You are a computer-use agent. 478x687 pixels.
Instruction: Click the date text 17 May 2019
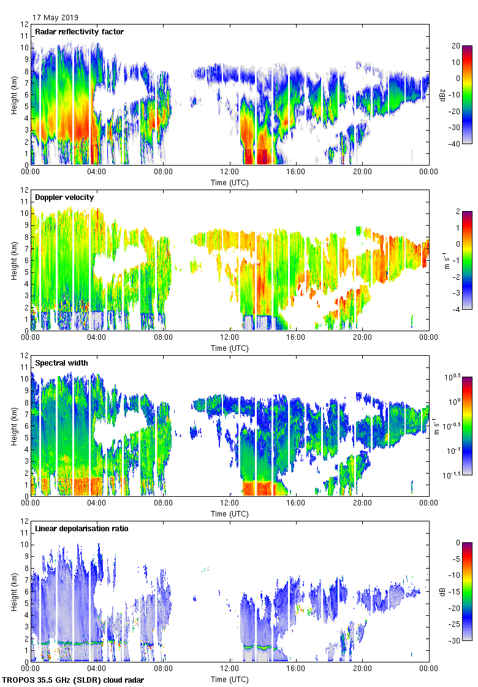coord(55,18)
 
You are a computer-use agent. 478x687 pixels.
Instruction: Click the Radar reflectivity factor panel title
coord(80,32)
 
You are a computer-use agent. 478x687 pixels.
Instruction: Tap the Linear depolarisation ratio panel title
coord(82,529)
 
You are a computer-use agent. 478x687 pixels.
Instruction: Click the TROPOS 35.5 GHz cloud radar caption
coord(74,680)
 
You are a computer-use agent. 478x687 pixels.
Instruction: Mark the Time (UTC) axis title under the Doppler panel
coord(230,348)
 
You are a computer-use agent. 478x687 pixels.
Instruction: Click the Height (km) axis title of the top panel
coord(13,94)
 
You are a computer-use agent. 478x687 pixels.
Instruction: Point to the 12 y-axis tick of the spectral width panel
coord(25,356)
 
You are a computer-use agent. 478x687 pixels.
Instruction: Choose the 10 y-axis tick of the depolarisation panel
coord(25,545)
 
